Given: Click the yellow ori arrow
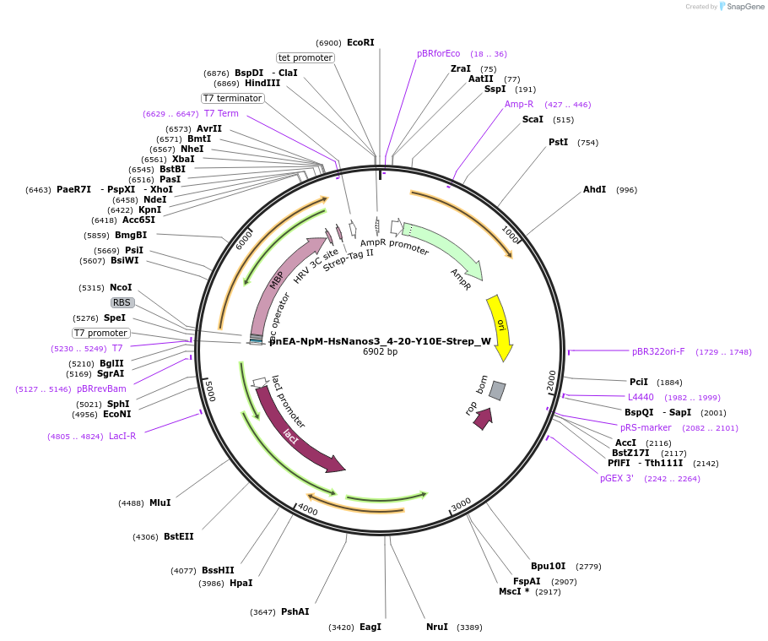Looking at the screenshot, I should [x=500, y=326].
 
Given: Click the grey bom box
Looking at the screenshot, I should [x=497, y=390].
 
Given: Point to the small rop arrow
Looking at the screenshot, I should [x=483, y=417].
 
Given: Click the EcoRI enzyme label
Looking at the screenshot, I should [x=360, y=42].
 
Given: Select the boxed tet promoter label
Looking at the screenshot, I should [x=306, y=57].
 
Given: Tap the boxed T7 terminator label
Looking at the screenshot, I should [x=233, y=98].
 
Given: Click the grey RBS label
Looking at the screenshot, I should [x=122, y=302].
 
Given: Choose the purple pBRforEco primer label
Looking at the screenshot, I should [x=439, y=53].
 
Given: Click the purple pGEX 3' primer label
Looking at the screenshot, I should [x=617, y=478].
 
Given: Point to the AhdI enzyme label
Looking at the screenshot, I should [x=595, y=189].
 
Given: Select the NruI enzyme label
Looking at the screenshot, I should [x=437, y=627].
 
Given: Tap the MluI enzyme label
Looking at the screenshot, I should [x=160, y=502].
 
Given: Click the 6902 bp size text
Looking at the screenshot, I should [x=380, y=351].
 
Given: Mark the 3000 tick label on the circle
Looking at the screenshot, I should [x=461, y=505].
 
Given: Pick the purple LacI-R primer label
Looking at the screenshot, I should [x=122, y=436].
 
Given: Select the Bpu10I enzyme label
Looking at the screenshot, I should [x=548, y=566].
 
